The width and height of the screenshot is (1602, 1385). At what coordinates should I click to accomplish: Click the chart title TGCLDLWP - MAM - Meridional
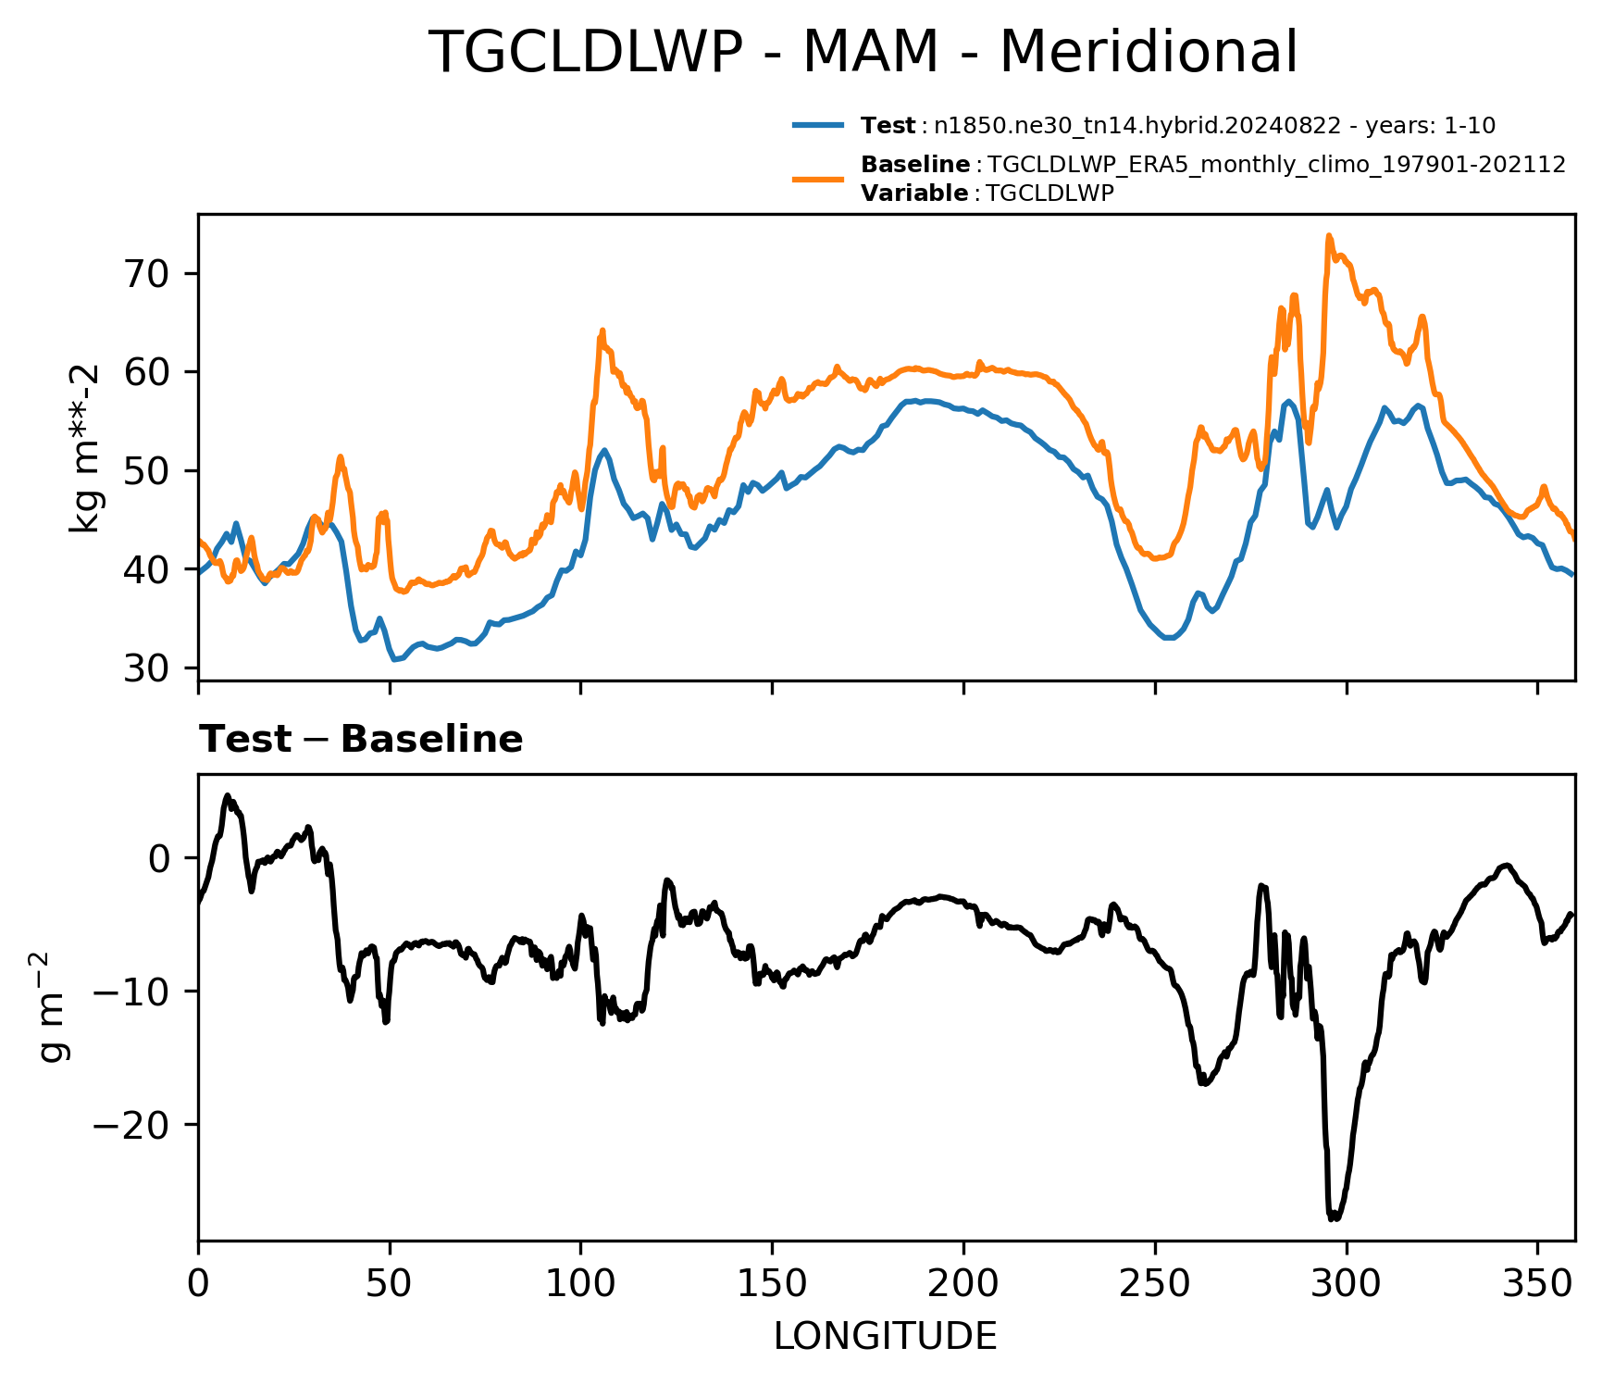point(864,52)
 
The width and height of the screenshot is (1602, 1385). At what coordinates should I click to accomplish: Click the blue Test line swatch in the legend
point(818,125)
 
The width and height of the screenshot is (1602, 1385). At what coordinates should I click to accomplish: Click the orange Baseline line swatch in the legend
point(818,179)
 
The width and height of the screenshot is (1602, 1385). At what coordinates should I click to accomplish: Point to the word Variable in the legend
point(913,193)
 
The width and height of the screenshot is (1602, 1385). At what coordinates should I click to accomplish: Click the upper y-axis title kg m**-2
point(86,448)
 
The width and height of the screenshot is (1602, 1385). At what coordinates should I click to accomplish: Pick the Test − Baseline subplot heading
point(361,740)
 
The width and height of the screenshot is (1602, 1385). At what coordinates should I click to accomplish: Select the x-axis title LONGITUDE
point(886,1337)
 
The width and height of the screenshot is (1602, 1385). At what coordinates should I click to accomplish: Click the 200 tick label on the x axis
point(963,1285)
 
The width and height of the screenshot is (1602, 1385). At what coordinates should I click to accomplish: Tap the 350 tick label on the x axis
point(1537,1285)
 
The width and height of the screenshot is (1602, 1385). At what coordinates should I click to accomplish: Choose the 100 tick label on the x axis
point(580,1285)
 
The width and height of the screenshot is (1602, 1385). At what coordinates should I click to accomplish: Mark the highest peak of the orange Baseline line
point(1328,236)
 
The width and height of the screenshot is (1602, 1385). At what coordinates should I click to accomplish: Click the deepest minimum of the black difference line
point(1333,1219)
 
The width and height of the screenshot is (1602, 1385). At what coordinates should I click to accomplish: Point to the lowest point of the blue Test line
point(394,660)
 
